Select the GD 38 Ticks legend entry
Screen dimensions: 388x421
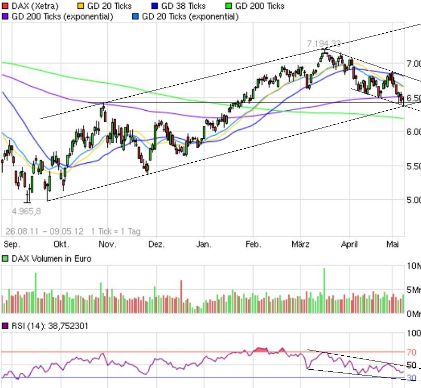[x=183, y=6]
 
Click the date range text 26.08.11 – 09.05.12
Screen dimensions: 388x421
[x=44, y=231]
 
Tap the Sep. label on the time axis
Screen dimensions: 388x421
[x=11, y=244]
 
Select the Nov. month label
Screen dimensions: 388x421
[x=107, y=244]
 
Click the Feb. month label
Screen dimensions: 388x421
[x=253, y=244]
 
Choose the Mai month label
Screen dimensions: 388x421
[x=392, y=244]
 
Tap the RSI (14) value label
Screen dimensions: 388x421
[x=51, y=326]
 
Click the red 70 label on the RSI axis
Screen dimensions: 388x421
[x=412, y=352]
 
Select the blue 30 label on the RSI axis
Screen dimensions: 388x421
[x=412, y=378]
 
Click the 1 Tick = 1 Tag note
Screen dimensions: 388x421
[x=115, y=231]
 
